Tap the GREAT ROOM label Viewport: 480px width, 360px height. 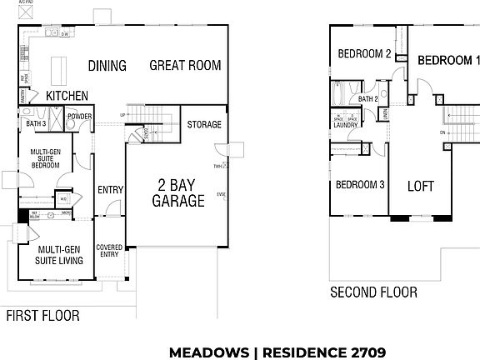coord(185,66)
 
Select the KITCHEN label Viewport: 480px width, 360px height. coord(67,96)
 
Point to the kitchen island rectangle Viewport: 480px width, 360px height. coord(58,67)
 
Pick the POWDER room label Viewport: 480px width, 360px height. coord(80,117)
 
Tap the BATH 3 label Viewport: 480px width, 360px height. coord(36,124)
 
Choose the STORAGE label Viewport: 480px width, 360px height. coord(204,125)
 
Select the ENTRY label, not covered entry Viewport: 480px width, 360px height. coord(110,190)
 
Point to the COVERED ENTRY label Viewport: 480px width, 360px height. coord(109,252)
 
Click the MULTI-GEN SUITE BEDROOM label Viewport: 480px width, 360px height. coord(45,158)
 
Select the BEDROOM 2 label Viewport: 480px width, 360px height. coord(364,54)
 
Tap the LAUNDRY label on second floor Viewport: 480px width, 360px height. coord(346,125)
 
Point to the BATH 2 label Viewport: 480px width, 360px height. coord(368,99)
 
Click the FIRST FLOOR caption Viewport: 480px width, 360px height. coord(42,316)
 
